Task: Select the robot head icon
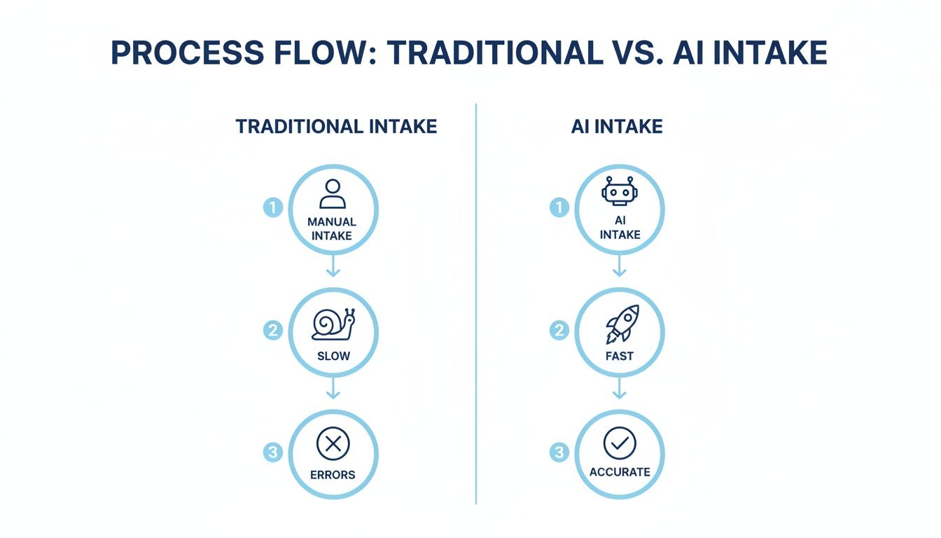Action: point(620,191)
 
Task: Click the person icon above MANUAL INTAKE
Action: point(333,194)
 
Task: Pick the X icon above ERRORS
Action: point(333,444)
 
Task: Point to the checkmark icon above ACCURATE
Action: point(620,443)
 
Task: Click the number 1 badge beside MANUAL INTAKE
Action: point(273,207)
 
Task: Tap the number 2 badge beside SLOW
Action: point(273,331)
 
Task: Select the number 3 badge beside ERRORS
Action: point(273,453)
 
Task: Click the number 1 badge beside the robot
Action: point(559,207)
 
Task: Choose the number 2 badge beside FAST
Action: point(559,331)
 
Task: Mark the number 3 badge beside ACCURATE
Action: point(559,453)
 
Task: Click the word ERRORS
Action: point(333,474)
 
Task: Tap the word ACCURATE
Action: point(620,472)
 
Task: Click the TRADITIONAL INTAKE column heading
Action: point(336,126)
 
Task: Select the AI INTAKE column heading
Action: point(617,126)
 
